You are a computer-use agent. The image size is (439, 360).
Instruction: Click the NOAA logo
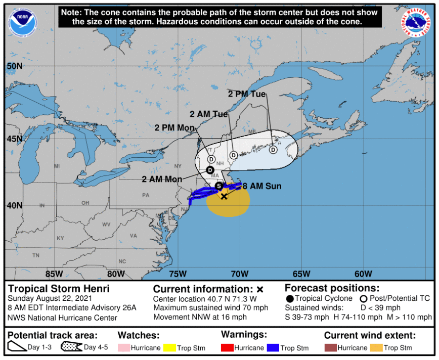pyautogui.click(x=23, y=22)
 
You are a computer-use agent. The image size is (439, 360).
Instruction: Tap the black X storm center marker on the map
pyautogui.click(x=224, y=196)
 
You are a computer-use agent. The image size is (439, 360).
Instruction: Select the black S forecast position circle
pyautogui.click(x=219, y=186)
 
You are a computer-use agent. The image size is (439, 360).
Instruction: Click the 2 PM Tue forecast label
pyautogui.click(x=247, y=94)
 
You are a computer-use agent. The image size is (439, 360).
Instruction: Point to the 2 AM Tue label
pyautogui.click(x=209, y=114)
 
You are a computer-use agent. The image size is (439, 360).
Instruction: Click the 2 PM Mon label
pyautogui.click(x=174, y=128)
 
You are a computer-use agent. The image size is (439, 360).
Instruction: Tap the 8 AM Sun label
pyautogui.click(x=262, y=186)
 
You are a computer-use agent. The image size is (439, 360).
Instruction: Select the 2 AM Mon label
pyautogui.click(x=162, y=179)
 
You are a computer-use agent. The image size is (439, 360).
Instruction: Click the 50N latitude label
pyautogui.click(x=15, y=66)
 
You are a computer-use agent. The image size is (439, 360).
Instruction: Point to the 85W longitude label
pyautogui.click(x=54, y=274)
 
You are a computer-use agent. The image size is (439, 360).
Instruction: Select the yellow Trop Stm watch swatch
pyautogui.click(x=168, y=347)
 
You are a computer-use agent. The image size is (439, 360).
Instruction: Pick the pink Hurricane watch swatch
pyautogui.click(x=124, y=347)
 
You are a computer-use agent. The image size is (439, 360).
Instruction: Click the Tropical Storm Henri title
pyautogui.click(x=59, y=289)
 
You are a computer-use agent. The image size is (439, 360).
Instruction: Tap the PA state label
pyautogui.click(x=146, y=195)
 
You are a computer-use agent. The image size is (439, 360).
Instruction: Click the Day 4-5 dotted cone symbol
pyautogui.click(x=71, y=347)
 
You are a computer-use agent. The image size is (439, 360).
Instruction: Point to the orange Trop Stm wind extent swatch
pyautogui.click(x=376, y=347)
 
